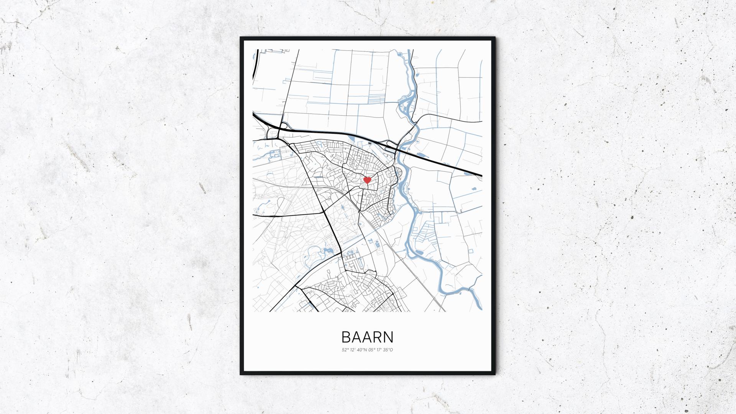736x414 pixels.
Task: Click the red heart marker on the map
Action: [367, 180]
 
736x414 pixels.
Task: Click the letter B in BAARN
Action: [346, 337]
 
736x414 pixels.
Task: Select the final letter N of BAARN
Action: [388, 337]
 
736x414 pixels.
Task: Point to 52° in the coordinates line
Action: [345, 350]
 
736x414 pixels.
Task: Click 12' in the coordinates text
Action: [353, 350]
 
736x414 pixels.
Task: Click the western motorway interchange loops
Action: [277, 130]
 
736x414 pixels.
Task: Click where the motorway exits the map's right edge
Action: [481, 176]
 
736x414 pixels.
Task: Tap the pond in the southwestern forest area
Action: [328, 251]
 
